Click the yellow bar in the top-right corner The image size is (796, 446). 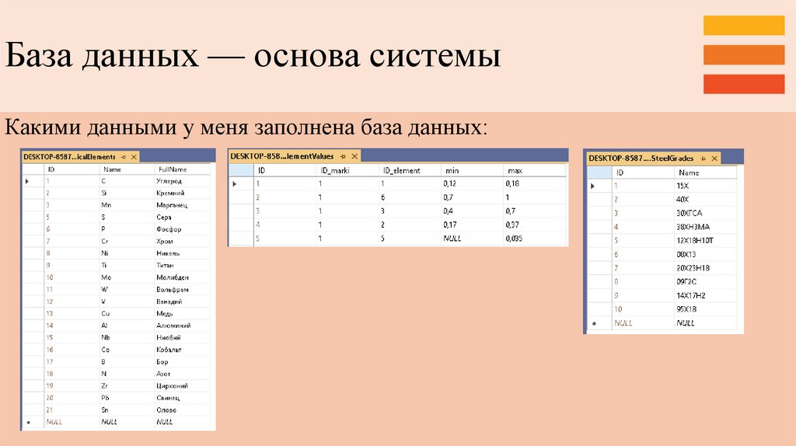pos(743,26)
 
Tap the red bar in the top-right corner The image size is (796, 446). pos(743,84)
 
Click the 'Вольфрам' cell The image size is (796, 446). pos(173,289)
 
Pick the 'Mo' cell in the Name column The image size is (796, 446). pos(106,277)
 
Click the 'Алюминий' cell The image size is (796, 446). pos(173,326)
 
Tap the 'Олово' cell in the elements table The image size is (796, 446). pos(166,409)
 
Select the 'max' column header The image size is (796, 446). pos(514,170)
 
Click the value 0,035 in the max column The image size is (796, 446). pos(513,239)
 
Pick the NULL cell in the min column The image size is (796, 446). pos(452,239)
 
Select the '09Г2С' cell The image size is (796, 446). pos(687,281)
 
